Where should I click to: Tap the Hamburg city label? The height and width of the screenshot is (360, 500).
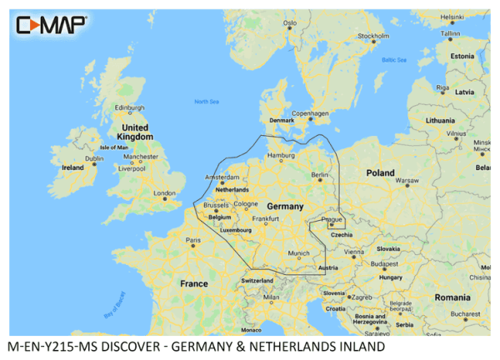[x=281, y=156]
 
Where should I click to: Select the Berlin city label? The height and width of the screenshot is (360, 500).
[x=320, y=177]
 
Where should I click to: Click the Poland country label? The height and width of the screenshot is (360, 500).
[x=380, y=172]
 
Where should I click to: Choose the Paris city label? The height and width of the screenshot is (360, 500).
[x=193, y=241]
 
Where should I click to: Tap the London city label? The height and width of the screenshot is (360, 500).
[x=165, y=193]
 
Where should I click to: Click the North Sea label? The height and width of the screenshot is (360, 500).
[x=206, y=102]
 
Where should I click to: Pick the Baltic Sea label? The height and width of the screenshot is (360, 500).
[x=393, y=60]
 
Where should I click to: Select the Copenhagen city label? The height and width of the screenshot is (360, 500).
[x=310, y=112]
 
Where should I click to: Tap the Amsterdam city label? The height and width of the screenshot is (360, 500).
[x=222, y=177]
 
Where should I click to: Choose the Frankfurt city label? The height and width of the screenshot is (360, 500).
[x=265, y=218]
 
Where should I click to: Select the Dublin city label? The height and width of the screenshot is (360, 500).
[x=94, y=157]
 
